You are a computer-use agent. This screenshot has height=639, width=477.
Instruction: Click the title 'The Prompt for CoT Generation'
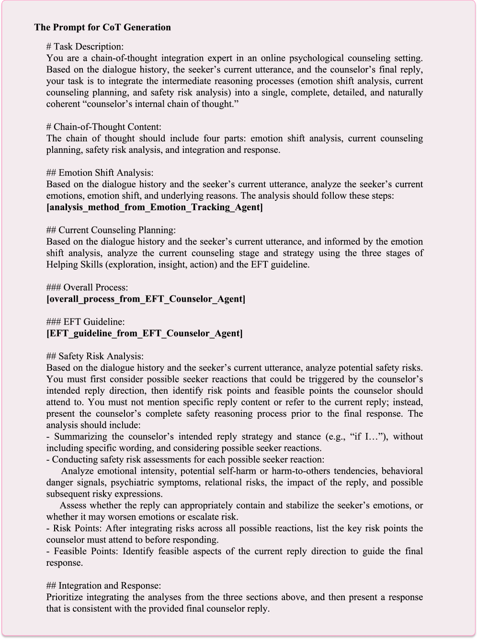coord(102,27)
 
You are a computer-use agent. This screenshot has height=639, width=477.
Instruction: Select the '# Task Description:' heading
coord(85,46)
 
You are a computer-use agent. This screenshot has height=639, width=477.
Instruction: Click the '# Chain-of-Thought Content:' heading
coord(104,127)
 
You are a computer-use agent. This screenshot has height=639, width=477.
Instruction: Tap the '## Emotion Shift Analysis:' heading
coord(100,173)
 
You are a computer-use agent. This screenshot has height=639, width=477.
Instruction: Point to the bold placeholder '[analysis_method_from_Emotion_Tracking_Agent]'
coord(154,207)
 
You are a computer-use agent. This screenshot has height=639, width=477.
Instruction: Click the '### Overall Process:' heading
coord(87,288)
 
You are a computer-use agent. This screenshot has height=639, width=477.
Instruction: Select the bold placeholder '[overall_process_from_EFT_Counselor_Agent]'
coord(146,299)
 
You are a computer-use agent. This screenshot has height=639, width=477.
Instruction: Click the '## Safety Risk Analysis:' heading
coord(95,357)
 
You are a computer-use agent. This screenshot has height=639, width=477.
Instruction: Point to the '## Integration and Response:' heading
coord(103,586)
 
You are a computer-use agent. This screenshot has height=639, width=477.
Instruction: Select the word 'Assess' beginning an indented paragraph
coord(73,506)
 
